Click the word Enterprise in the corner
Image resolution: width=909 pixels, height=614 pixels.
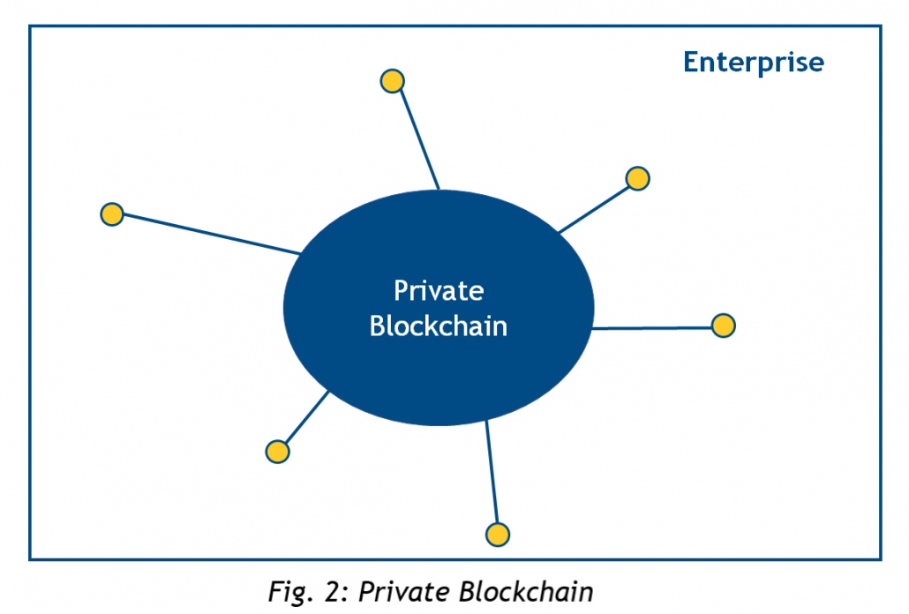[x=753, y=63]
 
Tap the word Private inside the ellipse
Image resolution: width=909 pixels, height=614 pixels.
[x=439, y=290]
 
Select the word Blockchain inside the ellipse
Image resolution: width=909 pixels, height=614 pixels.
[x=439, y=326]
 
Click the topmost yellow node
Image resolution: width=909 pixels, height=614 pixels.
[x=392, y=81]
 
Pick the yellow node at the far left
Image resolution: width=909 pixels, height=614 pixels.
[x=111, y=214]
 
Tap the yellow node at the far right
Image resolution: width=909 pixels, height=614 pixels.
[x=723, y=326]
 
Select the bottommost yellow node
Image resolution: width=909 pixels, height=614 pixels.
[x=498, y=535]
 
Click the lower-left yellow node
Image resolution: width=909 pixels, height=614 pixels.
[x=277, y=452]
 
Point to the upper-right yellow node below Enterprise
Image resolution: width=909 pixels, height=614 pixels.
[x=637, y=178]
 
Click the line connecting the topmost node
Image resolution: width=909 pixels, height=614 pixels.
[x=416, y=137]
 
